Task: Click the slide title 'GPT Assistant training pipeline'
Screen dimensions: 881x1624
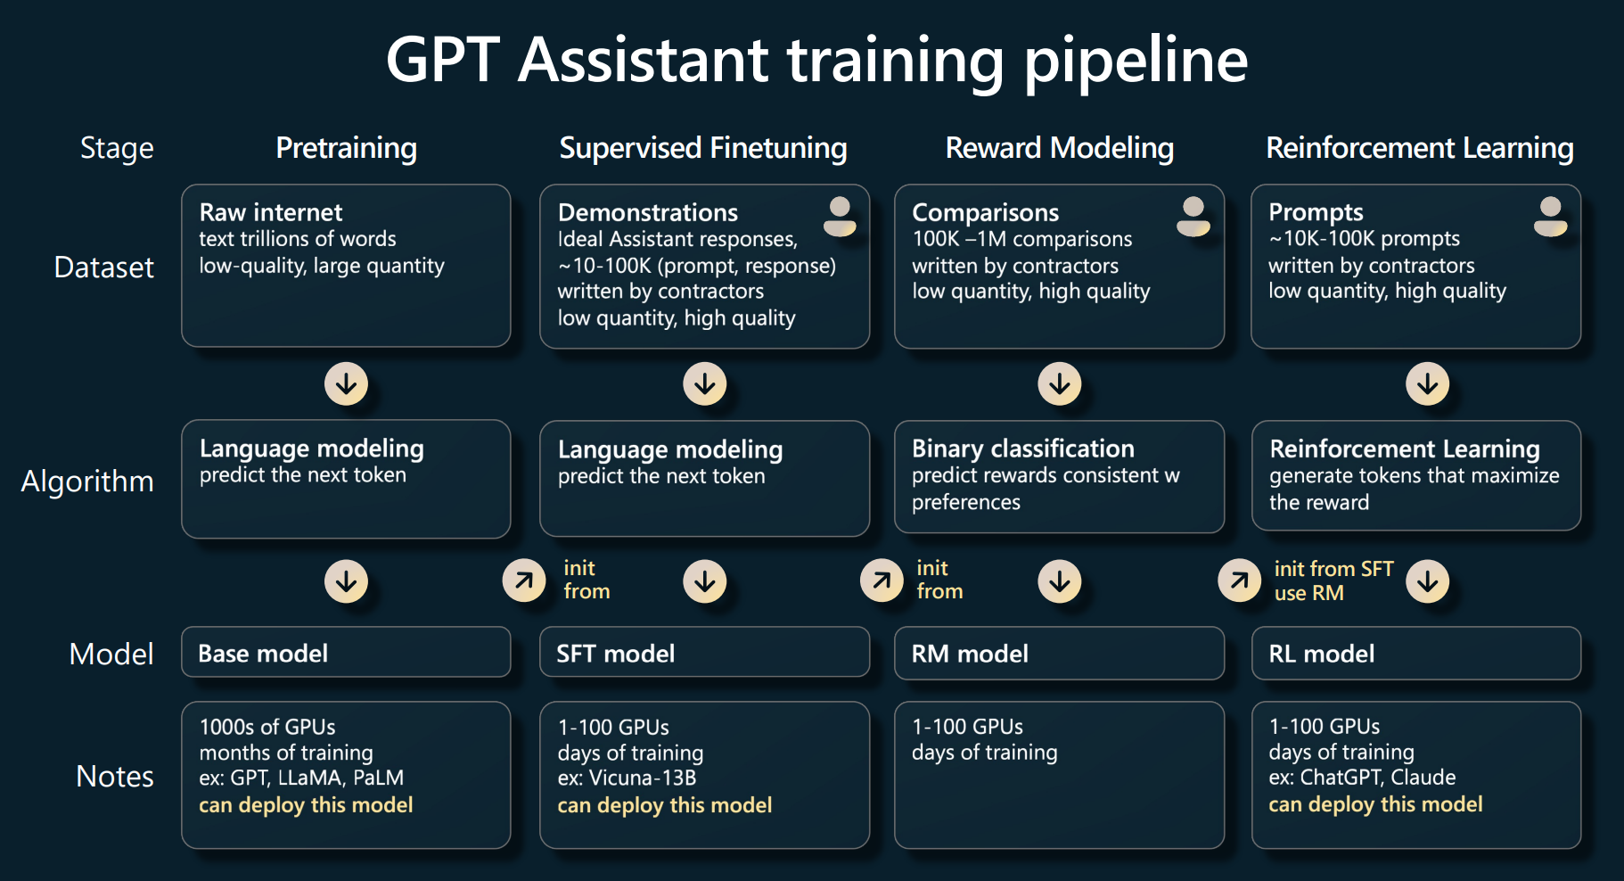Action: pos(816,61)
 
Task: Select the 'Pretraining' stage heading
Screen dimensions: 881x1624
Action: pos(346,148)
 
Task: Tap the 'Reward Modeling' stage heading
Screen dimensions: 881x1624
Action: pos(1059,148)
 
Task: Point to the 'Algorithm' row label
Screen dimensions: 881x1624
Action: pos(87,482)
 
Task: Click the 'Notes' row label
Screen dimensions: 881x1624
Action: pos(115,777)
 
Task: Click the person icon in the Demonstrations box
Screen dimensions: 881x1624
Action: pos(839,217)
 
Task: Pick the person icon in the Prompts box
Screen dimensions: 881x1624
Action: pos(1550,217)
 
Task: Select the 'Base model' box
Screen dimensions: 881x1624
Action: pos(346,653)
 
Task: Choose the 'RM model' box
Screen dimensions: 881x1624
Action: pos(1059,654)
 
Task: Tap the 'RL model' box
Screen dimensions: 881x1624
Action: pos(1415,654)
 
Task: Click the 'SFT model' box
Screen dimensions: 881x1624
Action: pos(704,654)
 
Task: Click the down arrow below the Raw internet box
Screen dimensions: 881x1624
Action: pos(346,383)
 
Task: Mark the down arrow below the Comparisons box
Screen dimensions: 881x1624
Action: pos(1059,383)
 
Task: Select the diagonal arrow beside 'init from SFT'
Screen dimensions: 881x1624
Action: pos(1239,581)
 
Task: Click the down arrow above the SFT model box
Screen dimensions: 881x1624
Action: pos(704,581)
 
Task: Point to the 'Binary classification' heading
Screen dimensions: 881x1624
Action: pos(1022,449)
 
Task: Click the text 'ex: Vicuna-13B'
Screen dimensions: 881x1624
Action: pos(627,778)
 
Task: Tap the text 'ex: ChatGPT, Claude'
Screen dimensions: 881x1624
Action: pos(1362,778)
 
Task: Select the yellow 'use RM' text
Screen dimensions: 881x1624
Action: pos(1308,593)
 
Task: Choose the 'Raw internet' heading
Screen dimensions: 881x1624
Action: pos(271,212)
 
